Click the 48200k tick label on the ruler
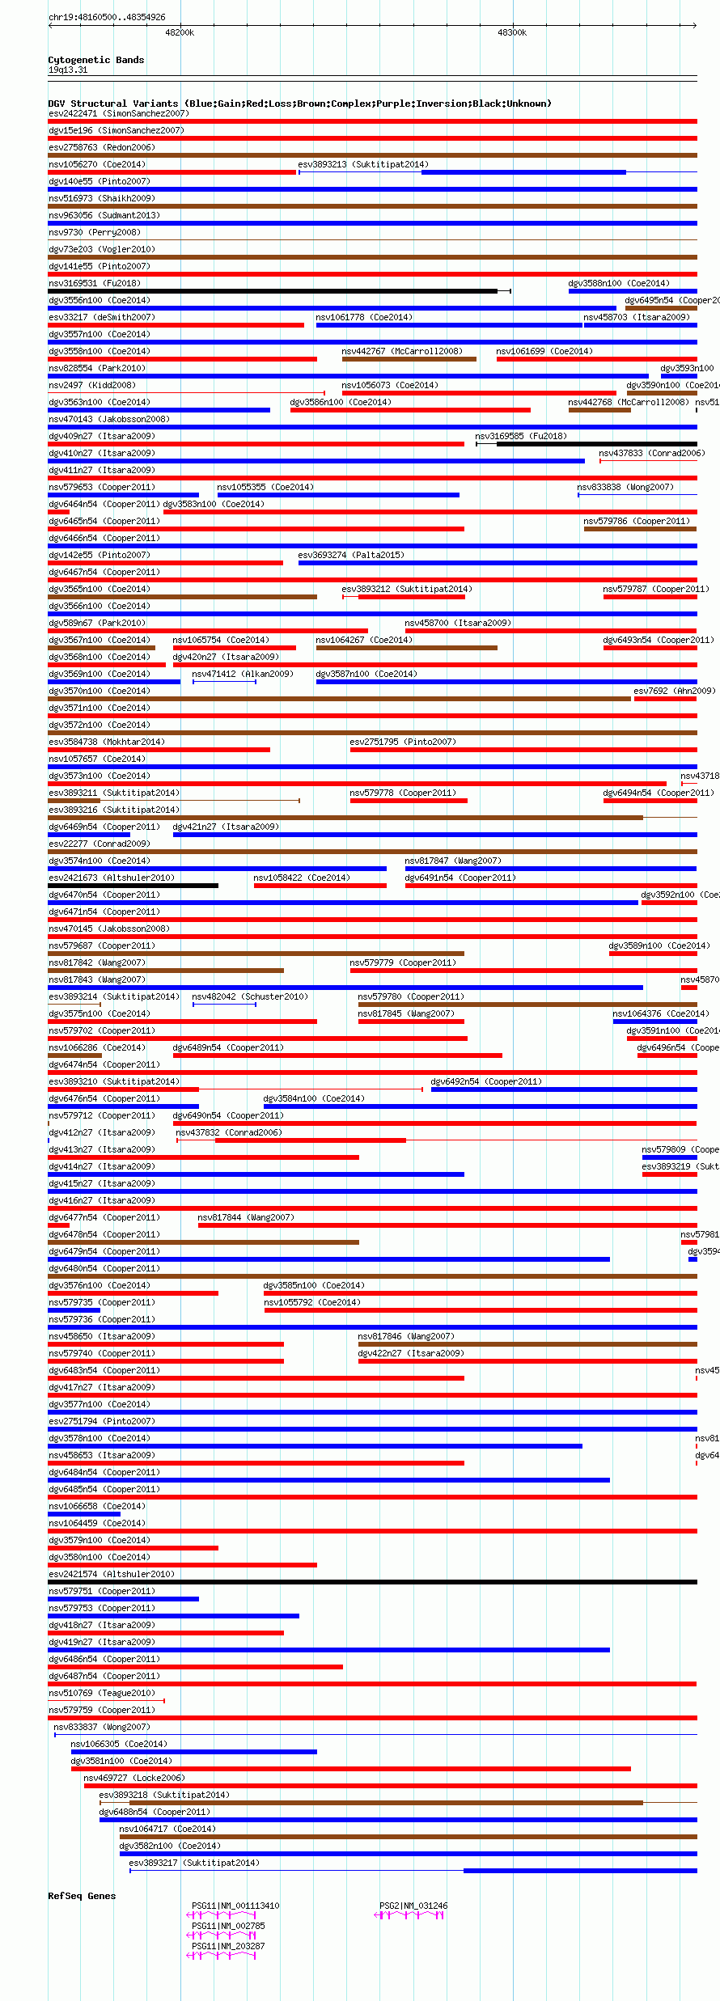click(x=179, y=32)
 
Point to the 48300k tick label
click(x=511, y=32)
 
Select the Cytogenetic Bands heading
click(x=95, y=60)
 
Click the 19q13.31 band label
click(x=68, y=70)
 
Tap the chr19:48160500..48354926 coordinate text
click(x=107, y=17)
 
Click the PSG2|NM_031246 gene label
click(x=413, y=1906)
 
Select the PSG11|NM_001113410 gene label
click(x=235, y=1906)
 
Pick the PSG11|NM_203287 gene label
click(x=227, y=1946)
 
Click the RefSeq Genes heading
click(x=82, y=1896)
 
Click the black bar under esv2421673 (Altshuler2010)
click(x=133, y=886)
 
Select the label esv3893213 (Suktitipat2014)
click(x=362, y=164)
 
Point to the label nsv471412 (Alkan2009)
click(x=242, y=674)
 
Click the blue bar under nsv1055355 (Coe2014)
click(x=337, y=495)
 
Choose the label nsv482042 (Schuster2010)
click(x=249, y=996)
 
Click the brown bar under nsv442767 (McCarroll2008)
click(x=409, y=359)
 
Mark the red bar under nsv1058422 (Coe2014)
click(x=320, y=886)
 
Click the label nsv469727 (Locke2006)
click(x=133, y=1778)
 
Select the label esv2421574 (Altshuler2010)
click(x=111, y=1574)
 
